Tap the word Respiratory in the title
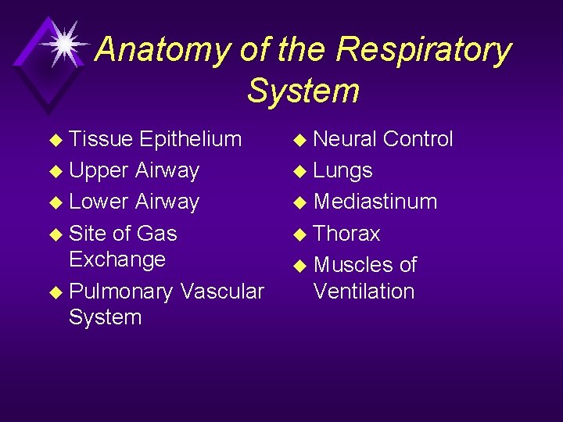[x=424, y=50]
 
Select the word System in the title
[x=303, y=91]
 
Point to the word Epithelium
[x=190, y=139]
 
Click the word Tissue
[x=101, y=139]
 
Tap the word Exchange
[x=117, y=259]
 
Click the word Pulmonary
[x=120, y=291]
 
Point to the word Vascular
[x=222, y=291]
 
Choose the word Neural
[x=345, y=139]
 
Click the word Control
[x=418, y=139]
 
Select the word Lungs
[x=342, y=170]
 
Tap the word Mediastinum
[x=375, y=202]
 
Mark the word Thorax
[x=346, y=234]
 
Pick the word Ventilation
[x=364, y=291]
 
